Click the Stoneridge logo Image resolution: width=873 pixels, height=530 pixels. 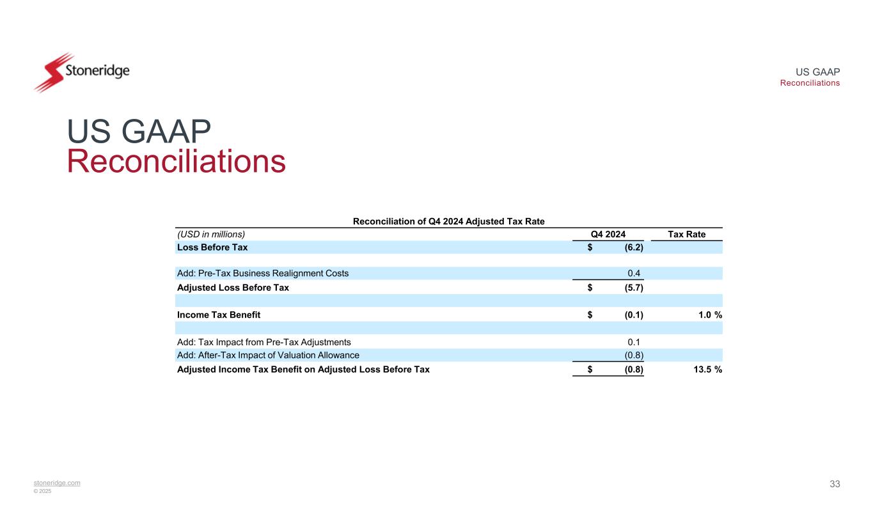pos(81,72)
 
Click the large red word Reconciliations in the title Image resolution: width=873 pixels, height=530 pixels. pos(176,162)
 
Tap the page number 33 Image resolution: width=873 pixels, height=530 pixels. pos(835,484)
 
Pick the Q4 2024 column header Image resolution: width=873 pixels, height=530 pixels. pos(608,234)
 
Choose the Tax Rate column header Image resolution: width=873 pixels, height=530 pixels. pos(686,234)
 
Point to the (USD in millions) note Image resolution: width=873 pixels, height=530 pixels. pos(211,234)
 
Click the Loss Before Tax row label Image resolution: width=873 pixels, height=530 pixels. pos(212,247)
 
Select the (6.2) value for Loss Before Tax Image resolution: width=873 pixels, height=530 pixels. pos(634,247)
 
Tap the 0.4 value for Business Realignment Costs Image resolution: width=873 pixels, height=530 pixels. pos(634,274)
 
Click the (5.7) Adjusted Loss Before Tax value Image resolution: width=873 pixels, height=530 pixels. pos(634,288)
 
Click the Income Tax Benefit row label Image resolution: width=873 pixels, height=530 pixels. pos(218,315)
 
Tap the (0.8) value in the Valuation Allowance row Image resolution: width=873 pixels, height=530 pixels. pos(634,355)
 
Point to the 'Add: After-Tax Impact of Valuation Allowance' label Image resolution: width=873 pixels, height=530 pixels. pos(267,355)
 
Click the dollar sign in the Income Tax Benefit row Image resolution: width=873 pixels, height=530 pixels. pos(590,315)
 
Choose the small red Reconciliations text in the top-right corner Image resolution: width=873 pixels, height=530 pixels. pos(810,83)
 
